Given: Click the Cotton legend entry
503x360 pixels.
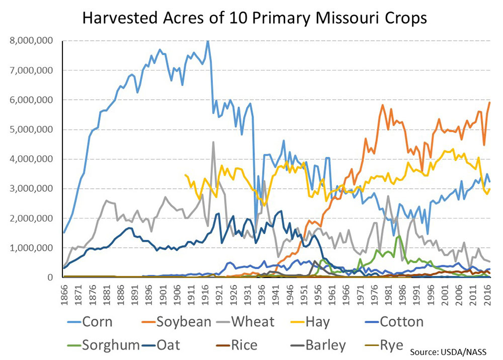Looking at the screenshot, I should click(401, 322).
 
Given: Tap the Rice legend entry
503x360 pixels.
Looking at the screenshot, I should click(243, 345).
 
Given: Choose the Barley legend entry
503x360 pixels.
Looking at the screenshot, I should click(328, 345).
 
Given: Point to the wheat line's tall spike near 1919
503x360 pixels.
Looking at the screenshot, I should click(213, 142).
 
